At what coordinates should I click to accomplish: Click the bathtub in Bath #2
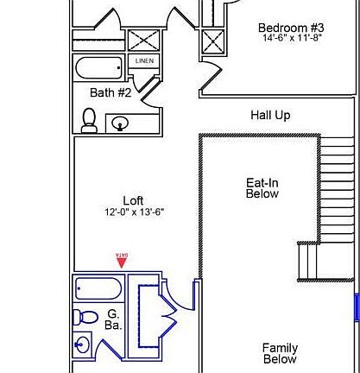coord(100,68)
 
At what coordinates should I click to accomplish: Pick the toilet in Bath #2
coord(89,121)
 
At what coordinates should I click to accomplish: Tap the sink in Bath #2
coord(120,124)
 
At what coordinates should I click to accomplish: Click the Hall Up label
coord(269,114)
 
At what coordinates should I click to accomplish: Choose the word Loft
coord(133,200)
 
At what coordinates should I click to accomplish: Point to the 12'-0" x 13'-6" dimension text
coord(133,212)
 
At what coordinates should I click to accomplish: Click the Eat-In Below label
coord(262,188)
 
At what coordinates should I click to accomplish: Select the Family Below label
coord(279,353)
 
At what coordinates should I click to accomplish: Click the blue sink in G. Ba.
coord(83,346)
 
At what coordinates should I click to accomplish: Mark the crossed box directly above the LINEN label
coord(142,41)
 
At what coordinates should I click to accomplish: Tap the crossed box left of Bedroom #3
coord(212,42)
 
